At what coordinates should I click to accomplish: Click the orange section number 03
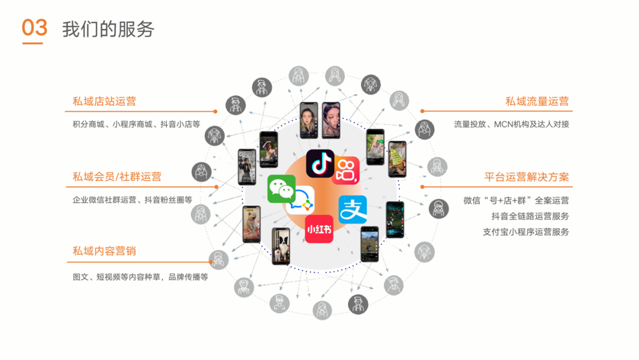[34, 28]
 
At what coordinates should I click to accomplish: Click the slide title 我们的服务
[108, 28]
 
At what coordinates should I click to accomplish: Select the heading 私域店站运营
[104, 101]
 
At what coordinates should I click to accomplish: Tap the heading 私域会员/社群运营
[117, 176]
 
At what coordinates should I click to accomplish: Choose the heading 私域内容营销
[104, 251]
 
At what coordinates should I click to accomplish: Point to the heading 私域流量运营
[537, 101]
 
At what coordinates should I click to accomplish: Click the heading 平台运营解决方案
[527, 176]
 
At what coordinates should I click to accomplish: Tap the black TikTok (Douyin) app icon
[320, 163]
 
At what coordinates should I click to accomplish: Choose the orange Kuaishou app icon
[346, 170]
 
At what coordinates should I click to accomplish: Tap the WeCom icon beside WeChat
[301, 202]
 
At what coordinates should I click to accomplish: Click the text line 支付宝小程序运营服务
[526, 232]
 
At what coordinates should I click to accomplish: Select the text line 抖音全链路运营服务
[530, 216]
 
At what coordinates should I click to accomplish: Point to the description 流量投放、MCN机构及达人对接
[511, 124]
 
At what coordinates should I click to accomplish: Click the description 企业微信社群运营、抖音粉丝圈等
[132, 200]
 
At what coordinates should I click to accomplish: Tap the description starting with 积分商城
[136, 124]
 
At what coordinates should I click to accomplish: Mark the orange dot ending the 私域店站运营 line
[215, 111]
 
